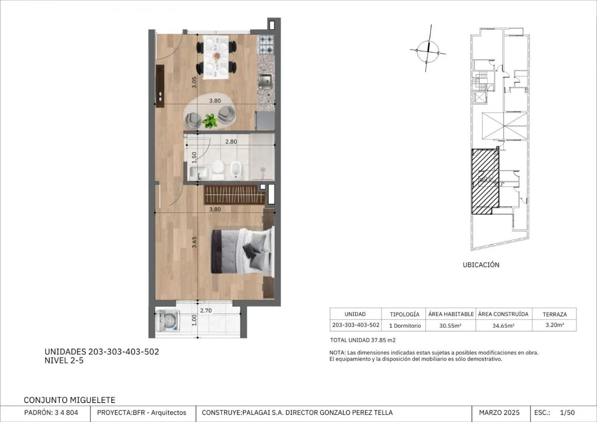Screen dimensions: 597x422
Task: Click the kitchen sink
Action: pyautogui.click(x=265, y=81)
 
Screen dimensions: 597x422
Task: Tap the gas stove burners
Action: pyautogui.click(x=266, y=44)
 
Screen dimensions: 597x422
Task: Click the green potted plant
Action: pyautogui.click(x=210, y=121)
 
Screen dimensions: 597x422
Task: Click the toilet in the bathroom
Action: pyautogui.click(x=218, y=170)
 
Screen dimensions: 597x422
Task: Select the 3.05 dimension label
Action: pyautogui.click(x=194, y=82)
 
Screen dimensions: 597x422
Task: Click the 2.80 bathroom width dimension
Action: pyautogui.click(x=231, y=142)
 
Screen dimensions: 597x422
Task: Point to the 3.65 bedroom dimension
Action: pyautogui.click(x=194, y=242)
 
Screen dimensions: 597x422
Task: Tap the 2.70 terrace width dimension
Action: pyautogui.click(x=206, y=310)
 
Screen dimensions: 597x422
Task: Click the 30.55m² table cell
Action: pyautogui.click(x=450, y=325)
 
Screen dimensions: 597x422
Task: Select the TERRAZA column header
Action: pyautogui.click(x=555, y=314)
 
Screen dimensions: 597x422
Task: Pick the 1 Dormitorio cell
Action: pyautogui.click(x=405, y=325)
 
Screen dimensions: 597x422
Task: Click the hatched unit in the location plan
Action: pyautogui.click(x=485, y=181)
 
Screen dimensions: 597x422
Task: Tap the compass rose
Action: pyautogui.click(x=428, y=51)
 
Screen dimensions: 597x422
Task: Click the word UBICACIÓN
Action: pyautogui.click(x=481, y=265)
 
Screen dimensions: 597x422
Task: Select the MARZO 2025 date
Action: pyautogui.click(x=499, y=413)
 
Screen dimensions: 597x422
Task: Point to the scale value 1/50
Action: pyautogui.click(x=568, y=413)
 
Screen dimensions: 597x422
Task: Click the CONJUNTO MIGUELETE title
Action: pyautogui.click(x=70, y=400)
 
